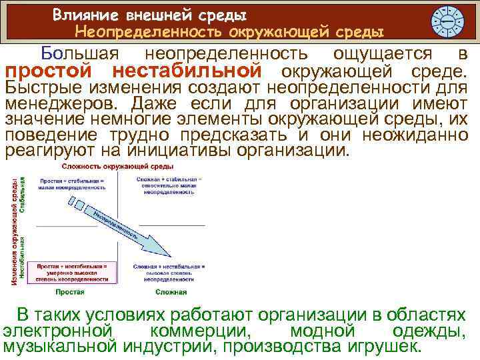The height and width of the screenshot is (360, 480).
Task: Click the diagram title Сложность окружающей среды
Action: [119, 165]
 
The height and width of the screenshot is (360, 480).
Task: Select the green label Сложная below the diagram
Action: [171, 292]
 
